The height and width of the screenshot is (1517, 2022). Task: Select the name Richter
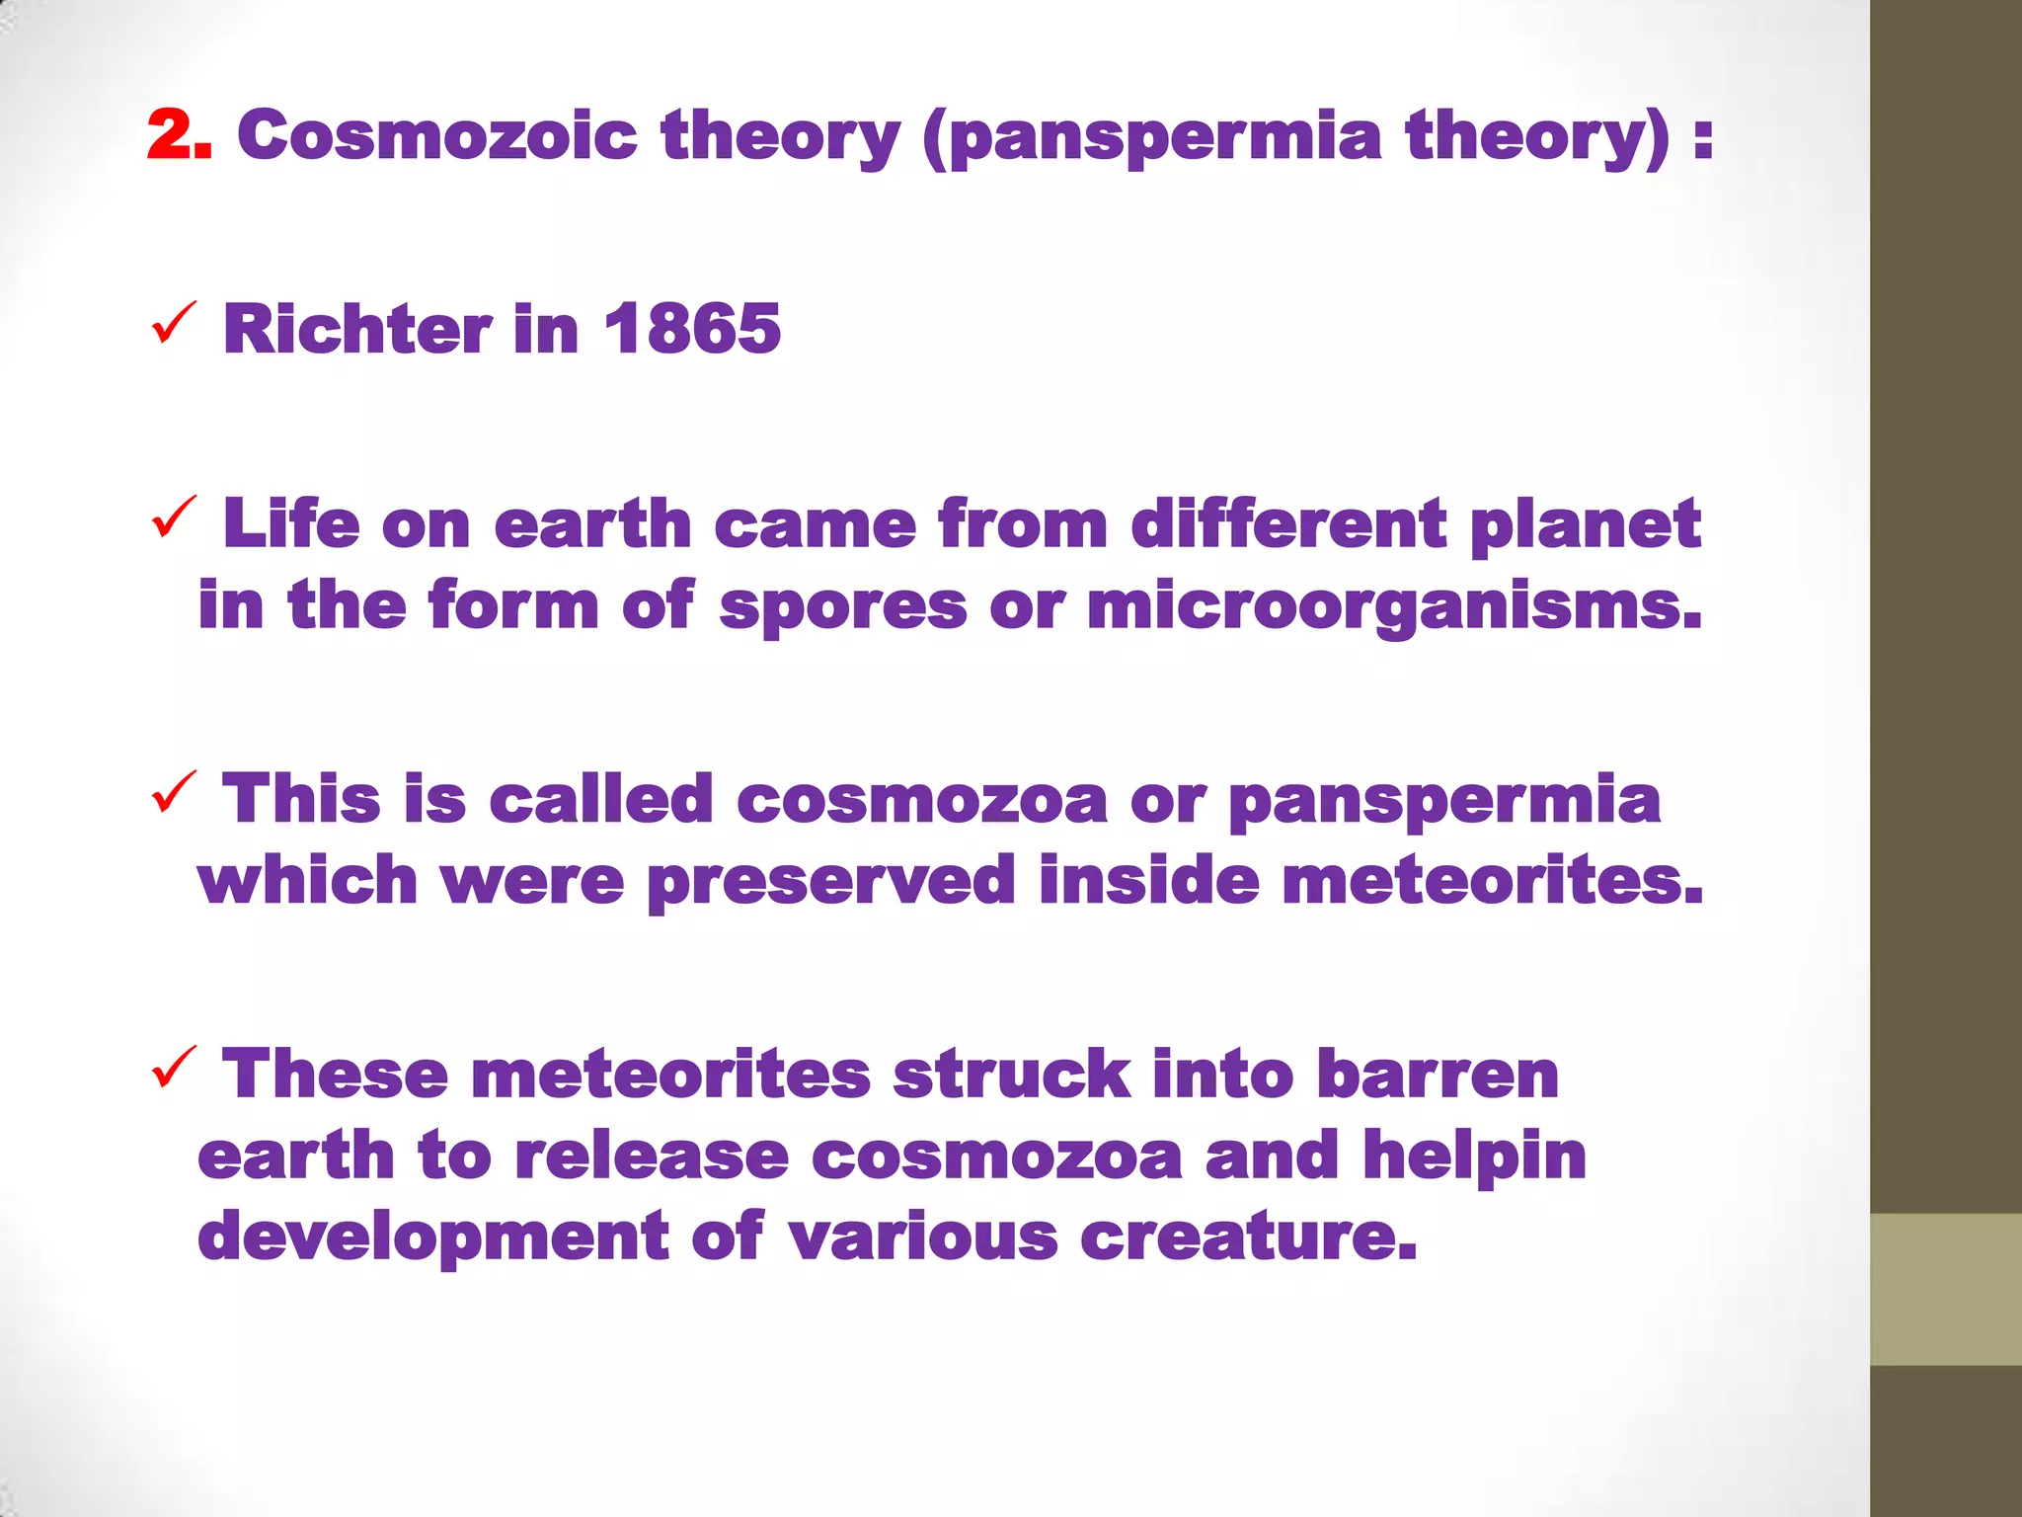(x=356, y=328)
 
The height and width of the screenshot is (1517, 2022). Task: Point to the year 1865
(x=692, y=328)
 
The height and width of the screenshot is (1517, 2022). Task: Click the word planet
(x=1585, y=524)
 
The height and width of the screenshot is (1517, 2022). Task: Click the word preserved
(x=830, y=882)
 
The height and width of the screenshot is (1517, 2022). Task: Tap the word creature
(x=1248, y=1237)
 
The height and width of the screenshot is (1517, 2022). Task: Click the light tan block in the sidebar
(x=1945, y=1289)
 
